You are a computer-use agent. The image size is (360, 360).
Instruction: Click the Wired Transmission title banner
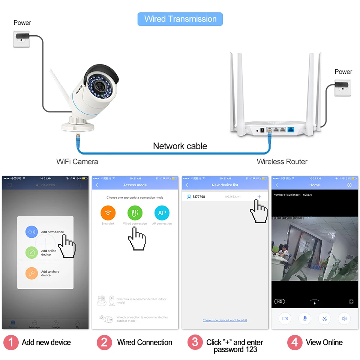click(x=180, y=19)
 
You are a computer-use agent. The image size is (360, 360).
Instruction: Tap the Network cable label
click(x=180, y=146)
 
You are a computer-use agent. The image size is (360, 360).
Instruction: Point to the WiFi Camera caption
click(x=77, y=162)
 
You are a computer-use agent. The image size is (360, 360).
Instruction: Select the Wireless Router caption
click(x=282, y=162)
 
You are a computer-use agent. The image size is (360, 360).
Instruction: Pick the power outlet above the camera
click(x=21, y=39)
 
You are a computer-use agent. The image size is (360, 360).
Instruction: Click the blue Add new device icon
click(x=31, y=232)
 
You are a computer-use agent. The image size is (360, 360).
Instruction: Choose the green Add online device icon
click(x=31, y=252)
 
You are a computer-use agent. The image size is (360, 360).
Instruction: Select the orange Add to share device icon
click(x=31, y=273)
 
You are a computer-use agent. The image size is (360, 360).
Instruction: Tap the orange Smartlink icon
click(x=108, y=213)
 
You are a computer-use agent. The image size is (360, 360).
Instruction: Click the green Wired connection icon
click(x=135, y=213)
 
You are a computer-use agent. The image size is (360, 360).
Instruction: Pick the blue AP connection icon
click(x=162, y=213)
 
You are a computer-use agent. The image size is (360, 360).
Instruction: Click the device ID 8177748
click(x=199, y=197)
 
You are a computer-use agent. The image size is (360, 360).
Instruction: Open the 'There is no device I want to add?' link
click(x=225, y=320)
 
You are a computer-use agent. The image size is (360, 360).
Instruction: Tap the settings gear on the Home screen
click(x=349, y=185)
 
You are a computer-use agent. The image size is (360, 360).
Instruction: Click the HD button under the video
click(x=280, y=301)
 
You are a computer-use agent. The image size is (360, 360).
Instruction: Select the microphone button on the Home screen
click(x=305, y=318)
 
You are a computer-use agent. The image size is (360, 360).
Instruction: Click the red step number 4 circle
click(x=295, y=342)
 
